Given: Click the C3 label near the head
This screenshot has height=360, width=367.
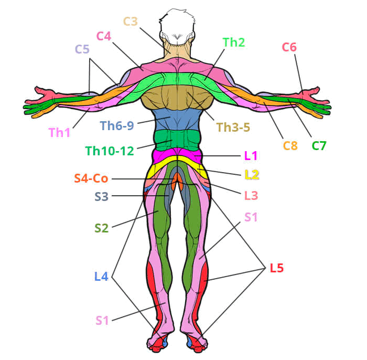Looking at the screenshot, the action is point(131,22).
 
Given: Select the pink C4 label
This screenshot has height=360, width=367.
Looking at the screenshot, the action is point(104,36).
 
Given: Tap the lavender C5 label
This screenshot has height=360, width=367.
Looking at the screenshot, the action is point(82,49).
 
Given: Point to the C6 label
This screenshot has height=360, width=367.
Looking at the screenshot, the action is point(289,47).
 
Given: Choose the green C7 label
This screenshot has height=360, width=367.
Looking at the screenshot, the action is point(319,145).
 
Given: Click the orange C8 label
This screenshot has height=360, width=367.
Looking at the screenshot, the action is point(290,145).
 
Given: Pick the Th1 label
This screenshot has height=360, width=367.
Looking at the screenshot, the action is point(59,133).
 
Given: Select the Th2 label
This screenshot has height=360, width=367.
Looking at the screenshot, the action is point(234,43).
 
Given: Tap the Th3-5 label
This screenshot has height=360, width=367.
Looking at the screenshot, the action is point(233,128).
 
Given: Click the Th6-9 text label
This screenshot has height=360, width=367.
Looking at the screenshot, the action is point(117,126).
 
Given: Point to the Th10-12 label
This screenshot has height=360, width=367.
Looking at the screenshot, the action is point(110,151).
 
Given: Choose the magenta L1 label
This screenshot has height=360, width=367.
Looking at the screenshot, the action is point(251,155).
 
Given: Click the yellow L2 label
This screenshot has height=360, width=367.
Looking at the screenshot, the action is point(252,175).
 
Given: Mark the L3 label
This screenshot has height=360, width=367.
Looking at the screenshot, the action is point(251,195).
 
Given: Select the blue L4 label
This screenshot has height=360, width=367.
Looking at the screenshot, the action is point(101,277).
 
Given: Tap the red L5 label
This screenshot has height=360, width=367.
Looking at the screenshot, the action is point(277,268).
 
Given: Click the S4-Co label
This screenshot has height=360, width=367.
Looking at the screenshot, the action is point(91,178).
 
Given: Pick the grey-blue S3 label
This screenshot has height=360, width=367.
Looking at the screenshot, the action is point(102,197).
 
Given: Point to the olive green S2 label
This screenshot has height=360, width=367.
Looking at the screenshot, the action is point(102,228).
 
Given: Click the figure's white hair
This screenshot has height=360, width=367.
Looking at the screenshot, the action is point(177,26).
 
